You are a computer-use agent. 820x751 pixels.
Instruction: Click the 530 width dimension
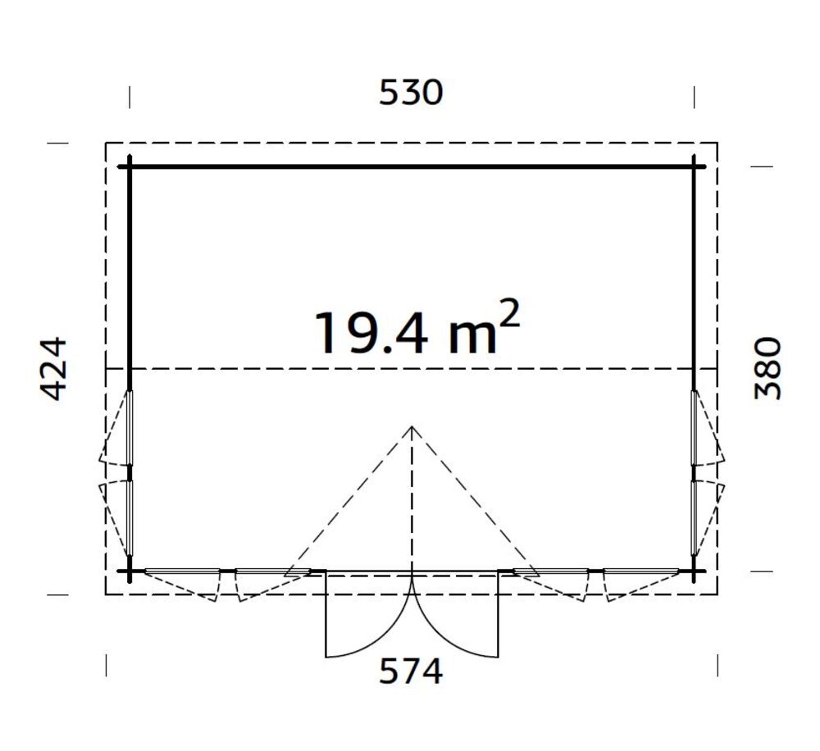pos(411,93)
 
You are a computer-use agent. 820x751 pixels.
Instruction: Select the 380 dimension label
pos(768,368)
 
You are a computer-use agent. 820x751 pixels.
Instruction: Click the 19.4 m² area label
pos(417,328)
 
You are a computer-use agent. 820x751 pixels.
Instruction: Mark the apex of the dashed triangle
pos(412,426)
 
